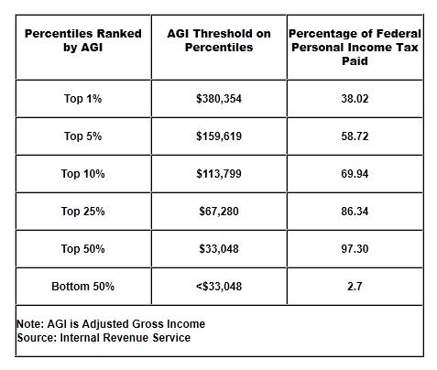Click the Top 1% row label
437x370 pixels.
tap(82, 99)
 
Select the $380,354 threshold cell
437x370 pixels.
tap(219, 99)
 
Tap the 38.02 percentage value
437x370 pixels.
tap(355, 99)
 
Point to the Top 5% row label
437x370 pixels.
tap(82, 136)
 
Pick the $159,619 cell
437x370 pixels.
tap(219, 136)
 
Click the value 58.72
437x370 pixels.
tap(355, 136)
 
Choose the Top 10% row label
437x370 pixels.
tap(82, 174)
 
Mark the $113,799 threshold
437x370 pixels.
tap(219, 174)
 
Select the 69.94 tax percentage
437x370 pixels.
tap(355, 174)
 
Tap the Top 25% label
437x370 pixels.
tap(82, 212)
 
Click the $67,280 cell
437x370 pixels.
tap(219, 212)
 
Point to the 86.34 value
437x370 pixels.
tap(355, 212)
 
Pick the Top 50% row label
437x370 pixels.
tap(82, 249)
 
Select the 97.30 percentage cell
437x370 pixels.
tap(355, 249)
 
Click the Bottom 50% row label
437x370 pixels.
tap(82, 287)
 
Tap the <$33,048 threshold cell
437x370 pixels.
tap(219, 287)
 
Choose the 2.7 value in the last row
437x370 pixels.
tap(355, 287)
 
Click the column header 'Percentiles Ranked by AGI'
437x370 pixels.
tap(83, 40)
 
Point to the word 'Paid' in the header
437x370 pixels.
tap(355, 61)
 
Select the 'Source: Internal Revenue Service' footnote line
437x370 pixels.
tap(104, 338)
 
